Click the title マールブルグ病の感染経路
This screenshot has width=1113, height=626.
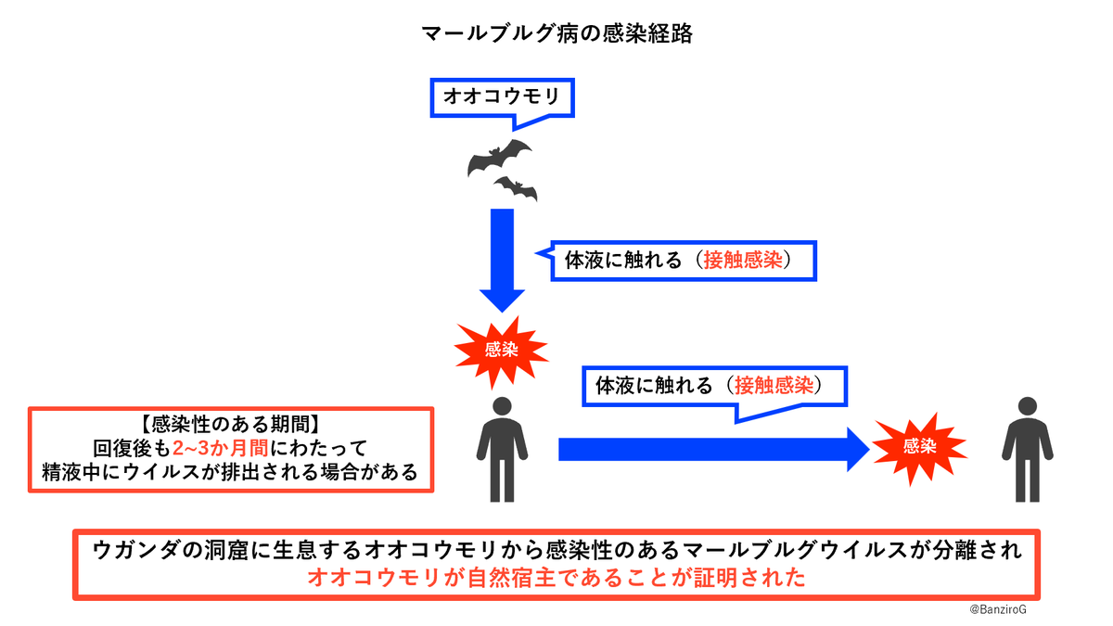click(x=556, y=34)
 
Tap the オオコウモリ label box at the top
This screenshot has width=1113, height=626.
click(x=502, y=96)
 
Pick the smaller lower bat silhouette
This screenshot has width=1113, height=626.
click(x=516, y=189)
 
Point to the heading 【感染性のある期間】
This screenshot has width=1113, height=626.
click(x=231, y=424)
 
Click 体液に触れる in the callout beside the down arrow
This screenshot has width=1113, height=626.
click(x=618, y=261)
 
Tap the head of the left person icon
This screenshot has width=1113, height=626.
click(x=502, y=409)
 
